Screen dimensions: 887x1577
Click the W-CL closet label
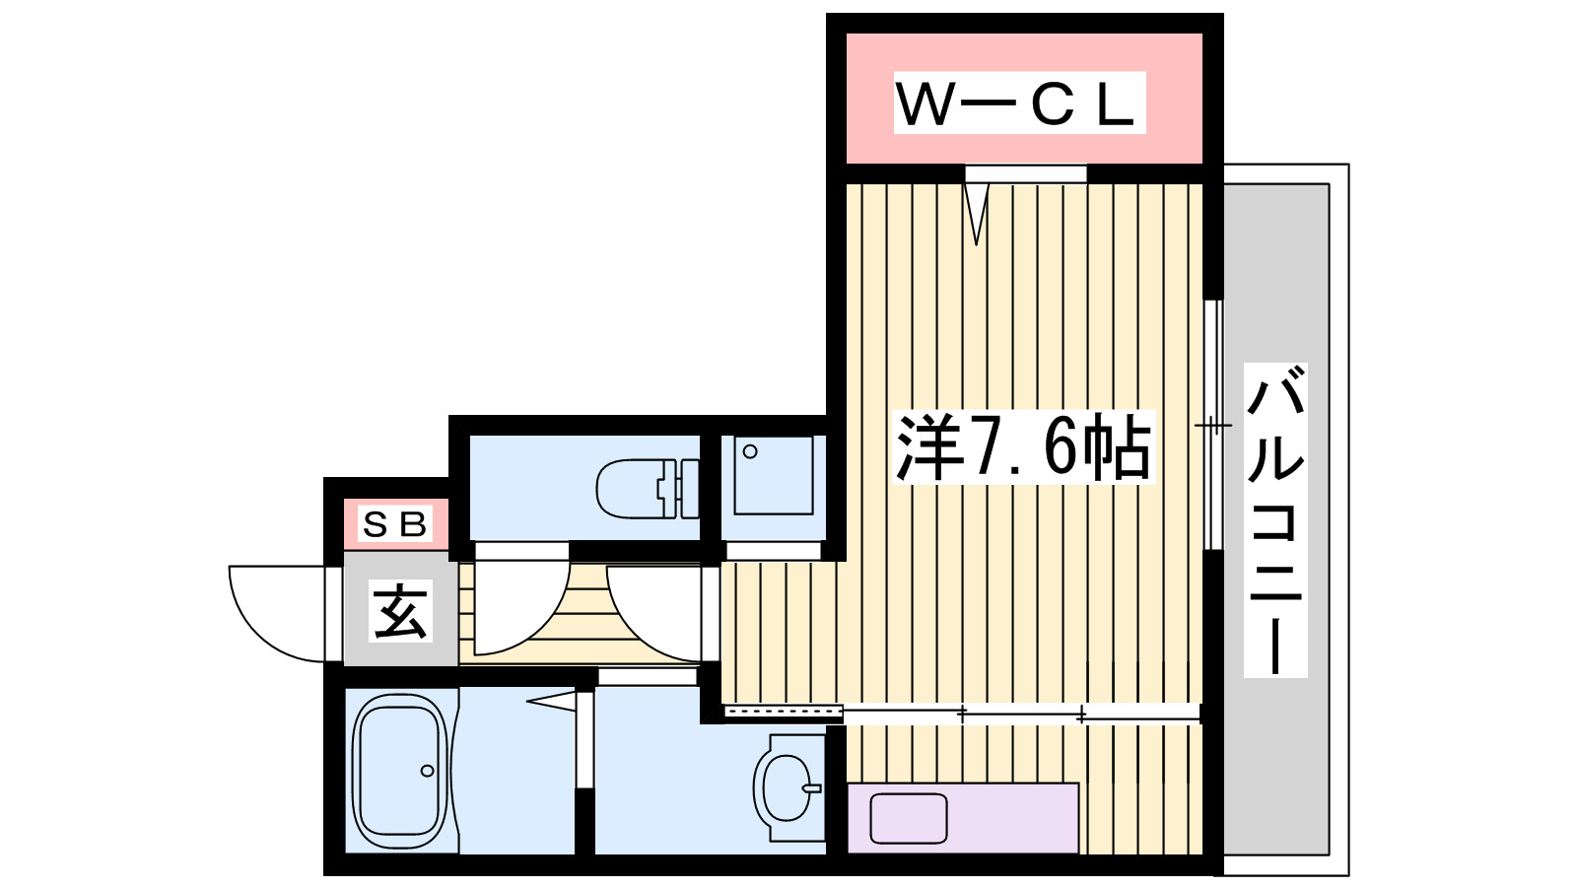(x=1019, y=102)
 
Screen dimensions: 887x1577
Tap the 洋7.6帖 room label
(x=1023, y=447)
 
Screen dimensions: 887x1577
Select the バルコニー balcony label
(x=1275, y=520)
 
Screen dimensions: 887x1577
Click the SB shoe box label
(x=395, y=524)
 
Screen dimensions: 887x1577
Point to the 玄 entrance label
(x=400, y=611)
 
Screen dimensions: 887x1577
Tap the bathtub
(x=398, y=771)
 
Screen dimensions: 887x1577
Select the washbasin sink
(x=788, y=786)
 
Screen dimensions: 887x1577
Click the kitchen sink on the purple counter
(x=909, y=819)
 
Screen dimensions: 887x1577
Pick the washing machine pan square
(x=773, y=476)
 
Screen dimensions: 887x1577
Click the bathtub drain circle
(x=428, y=771)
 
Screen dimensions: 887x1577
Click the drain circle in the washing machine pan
(x=750, y=452)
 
